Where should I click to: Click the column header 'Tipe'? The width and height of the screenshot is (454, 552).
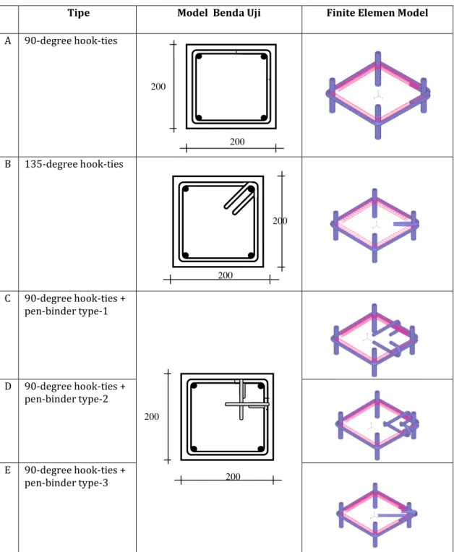pyautogui.click(x=79, y=13)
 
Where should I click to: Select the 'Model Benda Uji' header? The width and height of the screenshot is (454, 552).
pyautogui.click(x=219, y=13)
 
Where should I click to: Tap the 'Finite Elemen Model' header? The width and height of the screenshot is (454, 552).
pyautogui.click(x=377, y=13)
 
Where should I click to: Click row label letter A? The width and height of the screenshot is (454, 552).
pyautogui.click(x=8, y=41)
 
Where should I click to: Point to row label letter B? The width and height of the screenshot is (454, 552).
pyautogui.click(x=8, y=164)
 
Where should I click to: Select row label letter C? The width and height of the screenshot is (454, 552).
pyautogui.click(x=8, y=298)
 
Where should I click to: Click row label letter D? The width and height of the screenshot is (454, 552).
pyautogui.click(x=8, y=387)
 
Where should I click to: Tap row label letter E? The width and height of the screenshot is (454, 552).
pyautogui.click(x=8, y=470)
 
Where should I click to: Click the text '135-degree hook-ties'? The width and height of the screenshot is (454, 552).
pyautogui.click(x=74, y=165)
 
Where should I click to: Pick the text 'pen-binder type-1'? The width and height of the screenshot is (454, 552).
pyautogui.click(x=67, y=311)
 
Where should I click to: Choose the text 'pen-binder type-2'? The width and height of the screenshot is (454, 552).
pyautogui.click(x=67, y=400)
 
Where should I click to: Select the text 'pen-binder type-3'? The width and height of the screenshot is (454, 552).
pyautogui.click(x=67, y=483)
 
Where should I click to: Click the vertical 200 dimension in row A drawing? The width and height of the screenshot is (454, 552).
pyautogui.click(x=158, y=87)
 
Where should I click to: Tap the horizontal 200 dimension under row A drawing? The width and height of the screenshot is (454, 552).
pyautogui.click(x=237, y=142)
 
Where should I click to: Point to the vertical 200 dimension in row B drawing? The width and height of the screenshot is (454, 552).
pyautogui.click(x=280, y=221)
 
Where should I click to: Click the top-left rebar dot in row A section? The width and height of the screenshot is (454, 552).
pyautogui.click(x=199, y=56)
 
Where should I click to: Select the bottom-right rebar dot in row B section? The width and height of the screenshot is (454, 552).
pyautogui.click(x=251, y=255)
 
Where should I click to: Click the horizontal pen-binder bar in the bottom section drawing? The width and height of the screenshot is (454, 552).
pyautogui.click(x=247, y=404)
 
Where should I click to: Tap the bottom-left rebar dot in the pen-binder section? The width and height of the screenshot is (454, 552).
pyautogui.click(x=194, y=449)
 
